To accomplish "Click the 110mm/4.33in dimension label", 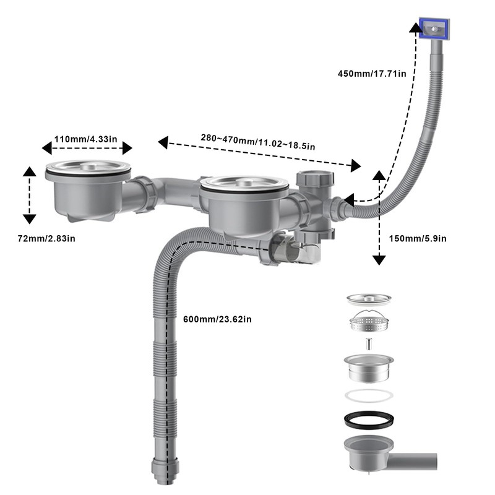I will click(x=86, y=139).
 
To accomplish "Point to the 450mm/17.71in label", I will click(x=371, y=74).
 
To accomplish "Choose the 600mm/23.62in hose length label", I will click(x=217, y=319).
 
